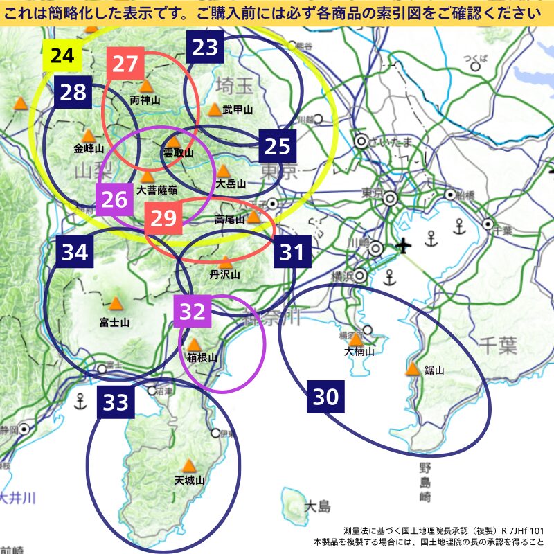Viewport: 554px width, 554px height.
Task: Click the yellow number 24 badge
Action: coord(62,55)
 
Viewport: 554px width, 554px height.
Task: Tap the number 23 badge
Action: coord(205,46)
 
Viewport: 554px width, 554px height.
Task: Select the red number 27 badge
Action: coord(125,64)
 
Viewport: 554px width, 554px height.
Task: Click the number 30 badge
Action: coord(326,397)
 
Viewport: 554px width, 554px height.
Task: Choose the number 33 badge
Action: coord(116,402)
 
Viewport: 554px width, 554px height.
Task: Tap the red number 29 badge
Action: coord(163,218)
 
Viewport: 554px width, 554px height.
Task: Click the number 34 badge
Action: coord(75,252)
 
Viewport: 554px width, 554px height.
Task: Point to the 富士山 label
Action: coord(114,322)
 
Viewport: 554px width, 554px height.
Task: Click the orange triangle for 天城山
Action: coord(188,465)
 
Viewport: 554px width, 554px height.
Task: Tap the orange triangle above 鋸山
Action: coord(413,369)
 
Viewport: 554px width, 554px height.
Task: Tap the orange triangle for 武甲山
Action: coord(215,109)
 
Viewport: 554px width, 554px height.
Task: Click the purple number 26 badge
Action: coord(114,200)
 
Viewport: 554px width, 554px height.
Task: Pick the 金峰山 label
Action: coord(89,148)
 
